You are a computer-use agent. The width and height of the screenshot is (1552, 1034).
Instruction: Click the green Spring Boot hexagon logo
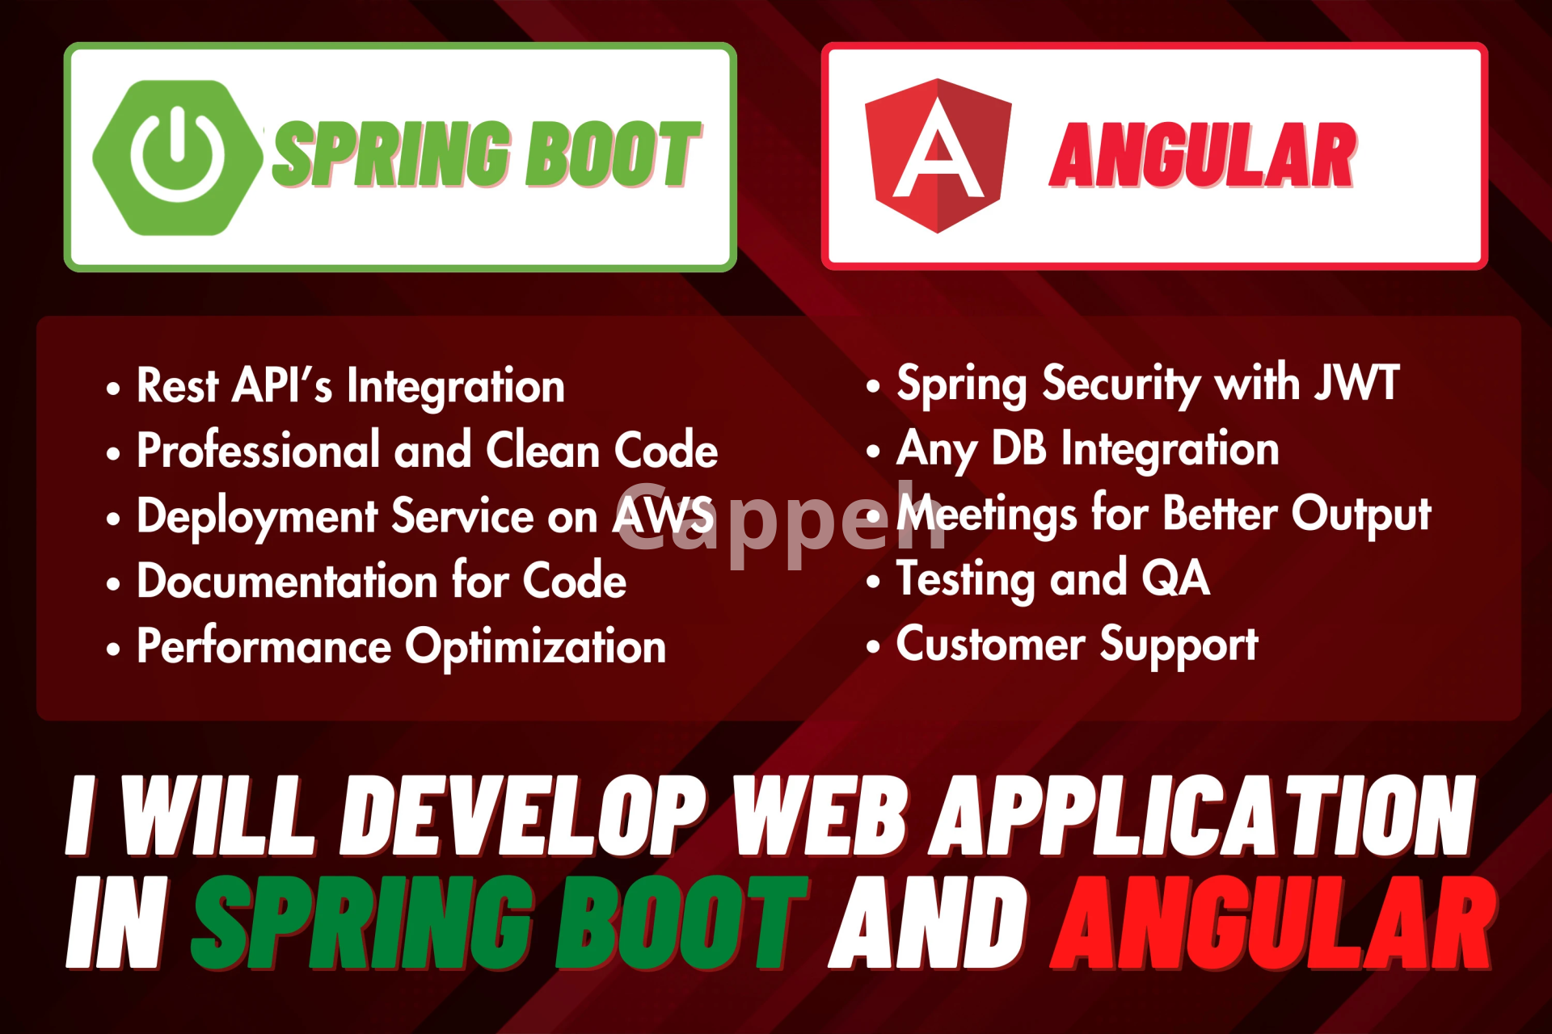click(178, 158)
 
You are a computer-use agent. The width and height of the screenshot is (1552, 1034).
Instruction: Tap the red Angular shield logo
click(938, 155)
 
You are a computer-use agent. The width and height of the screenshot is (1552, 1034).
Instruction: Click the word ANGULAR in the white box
click(1203, 155)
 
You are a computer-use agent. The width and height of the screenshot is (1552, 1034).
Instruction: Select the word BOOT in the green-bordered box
click(614, 153)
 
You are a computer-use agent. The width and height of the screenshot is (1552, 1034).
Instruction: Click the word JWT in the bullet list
click(1356, 382)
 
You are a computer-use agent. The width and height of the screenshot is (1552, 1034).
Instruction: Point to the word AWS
click(664, 515)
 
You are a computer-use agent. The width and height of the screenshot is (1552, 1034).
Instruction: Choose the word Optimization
click(536, 648)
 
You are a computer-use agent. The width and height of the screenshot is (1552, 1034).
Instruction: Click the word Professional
click(259, 450)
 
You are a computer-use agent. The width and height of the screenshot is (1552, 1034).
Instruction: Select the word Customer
click(990, 644)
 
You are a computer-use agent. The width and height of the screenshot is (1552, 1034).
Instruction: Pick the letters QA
click(1175, 578)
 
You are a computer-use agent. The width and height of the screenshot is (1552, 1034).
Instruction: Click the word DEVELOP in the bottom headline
click(522, 816)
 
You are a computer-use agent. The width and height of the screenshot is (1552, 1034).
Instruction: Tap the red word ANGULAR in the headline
click(1273, 923)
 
